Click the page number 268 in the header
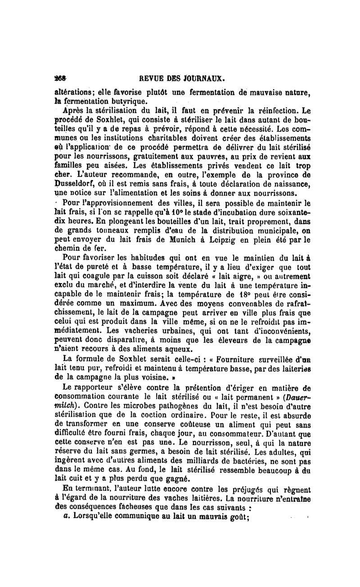click(x=61, y=77)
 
